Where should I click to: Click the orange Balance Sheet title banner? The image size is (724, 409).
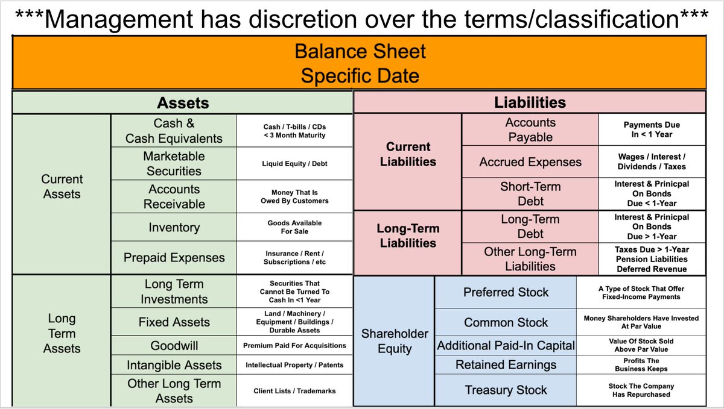point(360,63)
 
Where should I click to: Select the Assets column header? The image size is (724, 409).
point(182,103)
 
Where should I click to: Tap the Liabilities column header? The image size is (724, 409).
point(529,102)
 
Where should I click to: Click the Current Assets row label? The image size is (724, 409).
point(62,187)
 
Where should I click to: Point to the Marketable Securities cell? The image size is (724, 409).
point(174,163)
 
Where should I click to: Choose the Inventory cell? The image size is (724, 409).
point(174,228)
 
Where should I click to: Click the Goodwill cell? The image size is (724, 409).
point(174,346)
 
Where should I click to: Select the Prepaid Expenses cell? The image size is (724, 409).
point(174,258)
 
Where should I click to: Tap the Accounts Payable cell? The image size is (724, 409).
point(530,130)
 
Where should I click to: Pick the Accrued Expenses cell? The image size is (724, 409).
point(530,162)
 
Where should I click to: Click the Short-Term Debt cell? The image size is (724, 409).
point(530,194)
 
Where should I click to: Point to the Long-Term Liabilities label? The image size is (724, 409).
point(407,236)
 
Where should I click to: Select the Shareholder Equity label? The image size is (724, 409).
point(394,341)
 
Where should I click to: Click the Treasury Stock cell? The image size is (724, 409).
point(506,390)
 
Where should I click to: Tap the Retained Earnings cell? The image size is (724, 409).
point(506,365)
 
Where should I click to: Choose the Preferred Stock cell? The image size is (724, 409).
point(506,292)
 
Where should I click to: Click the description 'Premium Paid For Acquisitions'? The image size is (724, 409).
point(294,346)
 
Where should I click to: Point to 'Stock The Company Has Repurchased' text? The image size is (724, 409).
point(641,390)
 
